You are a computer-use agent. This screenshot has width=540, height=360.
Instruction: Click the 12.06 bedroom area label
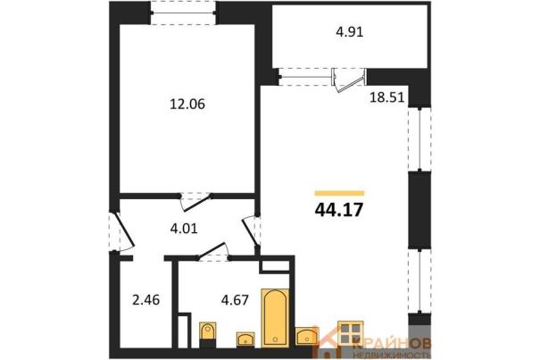[187, 104]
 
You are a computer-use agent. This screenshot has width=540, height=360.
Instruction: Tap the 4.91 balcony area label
[350, 32]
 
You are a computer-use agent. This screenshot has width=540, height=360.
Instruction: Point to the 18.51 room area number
[386, 97]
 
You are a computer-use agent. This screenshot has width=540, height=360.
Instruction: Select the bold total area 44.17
[339, 210]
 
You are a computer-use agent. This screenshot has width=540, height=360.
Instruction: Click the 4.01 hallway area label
[184, 229]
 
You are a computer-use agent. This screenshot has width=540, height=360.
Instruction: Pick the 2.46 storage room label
[146, 300]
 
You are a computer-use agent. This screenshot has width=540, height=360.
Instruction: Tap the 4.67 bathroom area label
[235, 300]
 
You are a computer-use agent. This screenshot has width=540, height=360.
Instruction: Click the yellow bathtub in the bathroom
[275, 318]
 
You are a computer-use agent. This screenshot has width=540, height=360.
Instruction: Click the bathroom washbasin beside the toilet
[245, 339]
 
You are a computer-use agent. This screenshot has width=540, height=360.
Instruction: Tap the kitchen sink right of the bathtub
[306, 336]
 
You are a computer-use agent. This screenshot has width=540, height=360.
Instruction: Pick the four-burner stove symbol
[351, 333]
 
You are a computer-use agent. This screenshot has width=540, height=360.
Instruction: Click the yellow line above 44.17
[339, 193]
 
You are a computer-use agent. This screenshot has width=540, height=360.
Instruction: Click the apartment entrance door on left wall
[121, 231]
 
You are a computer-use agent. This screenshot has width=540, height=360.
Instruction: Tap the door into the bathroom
[212, 251]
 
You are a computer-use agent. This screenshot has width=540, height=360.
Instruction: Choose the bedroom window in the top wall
[183, 13]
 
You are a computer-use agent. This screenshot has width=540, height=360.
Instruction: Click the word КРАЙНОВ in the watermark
[392, 344]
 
